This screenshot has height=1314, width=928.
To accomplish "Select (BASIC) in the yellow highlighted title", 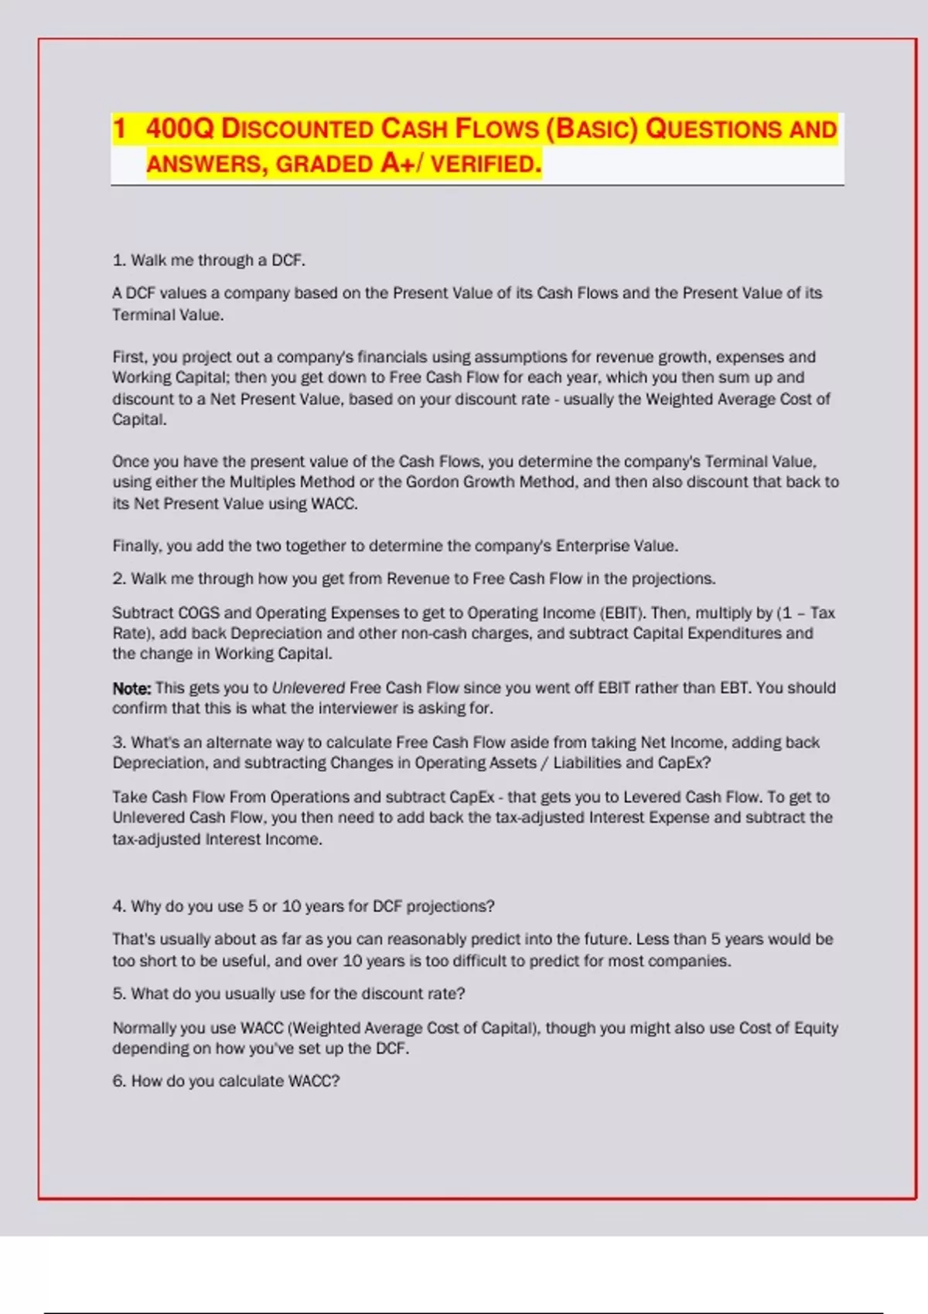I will click(x=592, y=129).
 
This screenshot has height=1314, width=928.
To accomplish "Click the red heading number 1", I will click(x=119, y=129).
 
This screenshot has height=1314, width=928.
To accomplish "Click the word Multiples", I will click(x=262, y=482).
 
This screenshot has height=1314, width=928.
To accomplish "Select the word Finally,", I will click(x=137, y=546).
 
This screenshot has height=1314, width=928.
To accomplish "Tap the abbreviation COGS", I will click(x=199, y=613).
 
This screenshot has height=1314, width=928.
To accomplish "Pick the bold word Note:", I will click(x=131, y=688).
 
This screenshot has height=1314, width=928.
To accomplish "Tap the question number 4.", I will click(x=118, y=906).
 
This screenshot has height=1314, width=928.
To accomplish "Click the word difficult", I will click(x=462, y=961).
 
